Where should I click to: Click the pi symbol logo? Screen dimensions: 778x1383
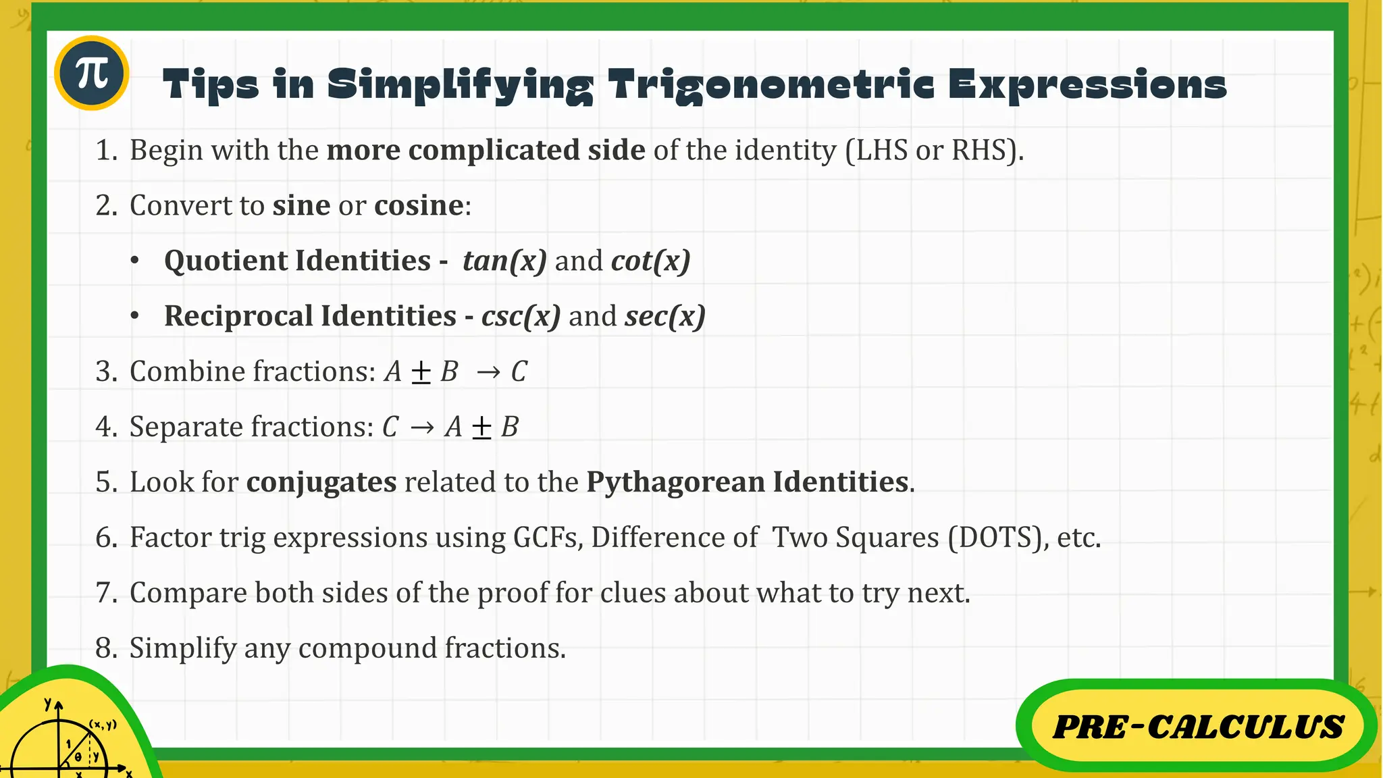(92, 73)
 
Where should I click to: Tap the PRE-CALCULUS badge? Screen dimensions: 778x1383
(1197, 727)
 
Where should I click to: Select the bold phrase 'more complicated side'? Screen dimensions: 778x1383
(486, 150)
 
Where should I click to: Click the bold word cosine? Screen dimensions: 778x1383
(419, 205)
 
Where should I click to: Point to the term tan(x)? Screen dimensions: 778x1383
(504, 261)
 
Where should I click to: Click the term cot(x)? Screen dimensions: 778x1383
(650, 261)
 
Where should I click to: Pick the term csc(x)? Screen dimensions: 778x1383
(521, 316)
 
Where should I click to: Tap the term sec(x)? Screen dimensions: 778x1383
(664, 316)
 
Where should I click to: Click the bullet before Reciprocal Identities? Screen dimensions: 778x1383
(135, 316)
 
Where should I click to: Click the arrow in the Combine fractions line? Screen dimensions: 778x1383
(488, 372)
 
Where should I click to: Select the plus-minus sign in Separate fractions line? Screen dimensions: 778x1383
(481, 427)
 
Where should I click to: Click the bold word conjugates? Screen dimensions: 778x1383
(321, 482)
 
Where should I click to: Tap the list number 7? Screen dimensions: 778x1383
(106, 593)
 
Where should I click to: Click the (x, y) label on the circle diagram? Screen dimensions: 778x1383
(103, 725)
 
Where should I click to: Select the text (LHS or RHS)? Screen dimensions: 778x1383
(934, 150)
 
